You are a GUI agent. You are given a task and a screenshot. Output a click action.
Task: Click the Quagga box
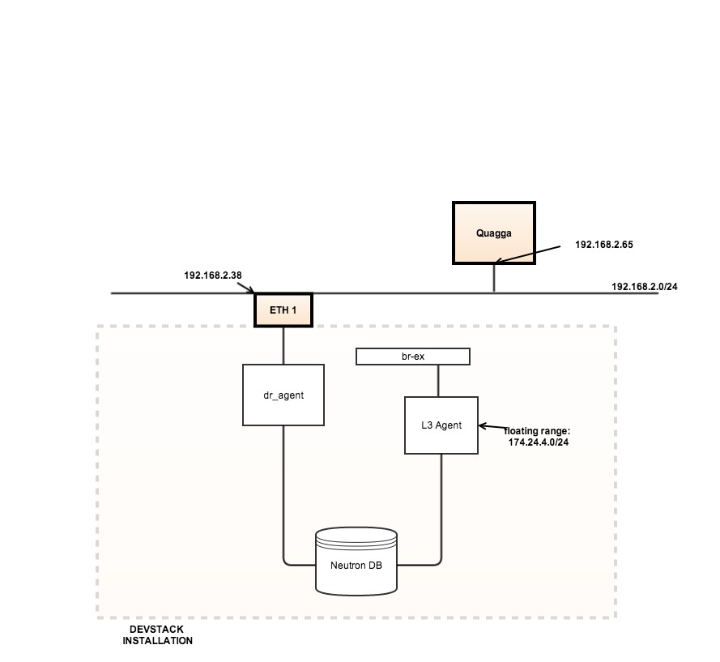(x=493, y=233)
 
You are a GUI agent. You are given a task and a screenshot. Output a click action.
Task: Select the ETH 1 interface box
(x=283, y=310)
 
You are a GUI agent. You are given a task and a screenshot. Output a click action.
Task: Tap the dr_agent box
(x=283, y=395)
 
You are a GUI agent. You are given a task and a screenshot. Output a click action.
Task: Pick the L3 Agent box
(x=441, y=425)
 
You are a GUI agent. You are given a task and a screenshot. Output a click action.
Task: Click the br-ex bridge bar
(x=413, y=357)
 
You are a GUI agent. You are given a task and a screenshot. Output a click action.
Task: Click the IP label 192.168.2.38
(x=213, y=275)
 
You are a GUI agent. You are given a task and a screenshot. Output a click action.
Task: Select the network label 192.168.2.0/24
(x=645, y=287)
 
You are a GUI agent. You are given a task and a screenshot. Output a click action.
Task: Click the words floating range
(x=537, y=431)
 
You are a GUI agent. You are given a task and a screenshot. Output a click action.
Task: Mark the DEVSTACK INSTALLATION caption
(x=158, y=635)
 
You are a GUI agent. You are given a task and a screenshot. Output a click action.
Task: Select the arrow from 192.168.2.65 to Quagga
(x=526, y=254)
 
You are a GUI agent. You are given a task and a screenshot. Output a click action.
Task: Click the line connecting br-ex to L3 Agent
(x=438, y=381)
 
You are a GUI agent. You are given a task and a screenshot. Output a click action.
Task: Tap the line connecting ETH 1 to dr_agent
(x=283, y=345)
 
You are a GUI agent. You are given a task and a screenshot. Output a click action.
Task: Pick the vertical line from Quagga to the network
(x=494, y=278)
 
